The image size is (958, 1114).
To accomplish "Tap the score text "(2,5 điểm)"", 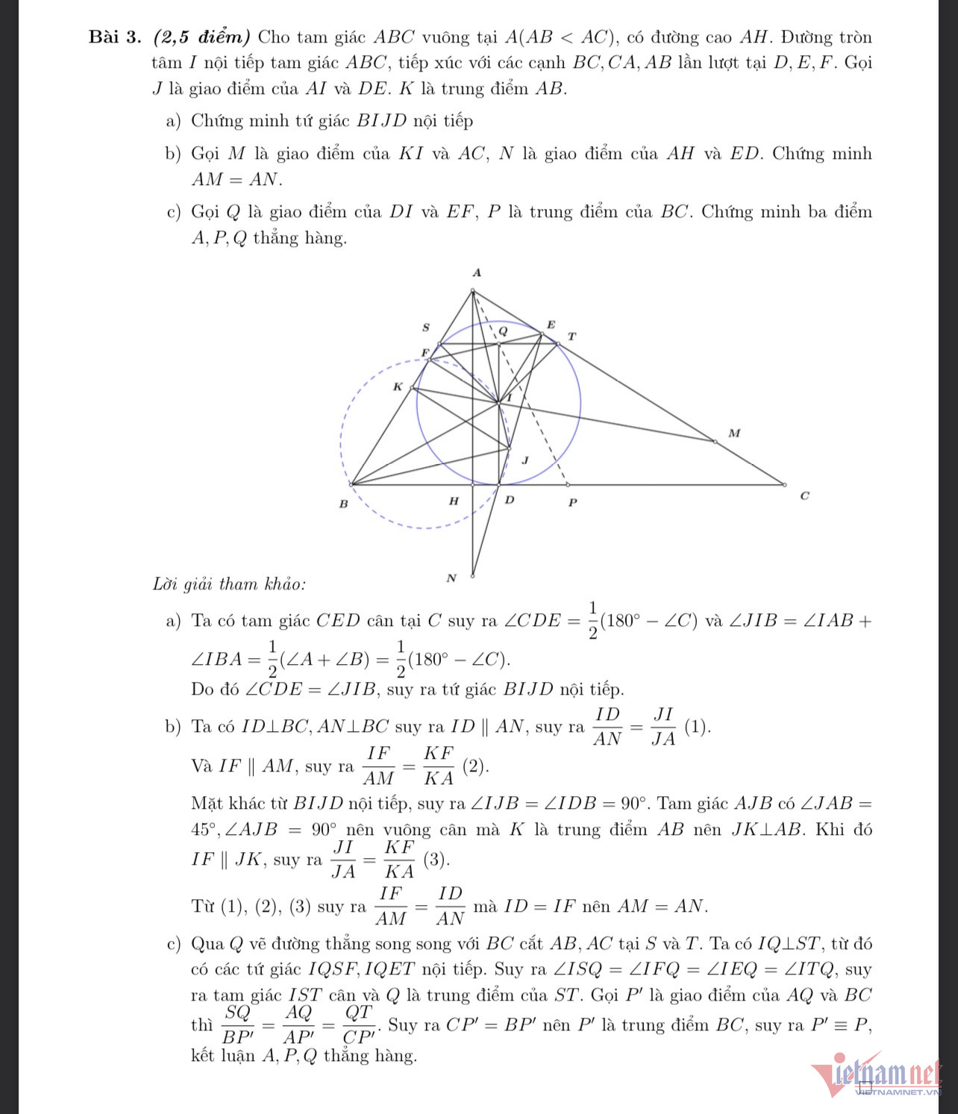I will pyautogui.click(x=202, y=37).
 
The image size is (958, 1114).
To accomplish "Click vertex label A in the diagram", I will pyautogui.click(x=478, y=273).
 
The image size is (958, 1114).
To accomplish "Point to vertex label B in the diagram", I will pyautogui.click(x=343, y=504).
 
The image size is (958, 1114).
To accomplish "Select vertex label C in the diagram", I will pyautogui.click(x=804, y=496).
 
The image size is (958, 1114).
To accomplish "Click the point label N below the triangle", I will pyautogui.click(x=451, y=578).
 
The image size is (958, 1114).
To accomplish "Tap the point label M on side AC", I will pyautogui.click(x=734, y=433).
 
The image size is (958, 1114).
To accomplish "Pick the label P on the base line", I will pyautogui.click(x=572, y=503).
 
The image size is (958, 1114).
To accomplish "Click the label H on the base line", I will pyautogui.click(x=453, y=501).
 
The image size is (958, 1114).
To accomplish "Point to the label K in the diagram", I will pyautogui.click(x=398, y=387).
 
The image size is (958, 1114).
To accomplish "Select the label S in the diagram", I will pyautogui.click(x=426, y=327).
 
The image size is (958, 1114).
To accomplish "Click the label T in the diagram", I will pyautogui.click(x=572, y=337).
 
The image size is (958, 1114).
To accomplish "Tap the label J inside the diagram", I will pyautogui.click(x=525, y=460).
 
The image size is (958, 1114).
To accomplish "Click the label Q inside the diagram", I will pyautogui.click(x=503, y=331).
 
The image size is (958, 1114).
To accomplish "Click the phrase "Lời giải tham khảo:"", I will pyautogui.click(x=229, y=584).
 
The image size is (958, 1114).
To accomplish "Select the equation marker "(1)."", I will pyautogui.click(x=698, y=727).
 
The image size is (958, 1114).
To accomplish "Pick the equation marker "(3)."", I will pyautogui.click(x=436, y=860).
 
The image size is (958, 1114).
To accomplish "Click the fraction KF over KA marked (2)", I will pyautogui.click(x=439, y=766).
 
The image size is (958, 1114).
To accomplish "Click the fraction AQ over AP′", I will pyautogui.click(x=298, y=1024).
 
